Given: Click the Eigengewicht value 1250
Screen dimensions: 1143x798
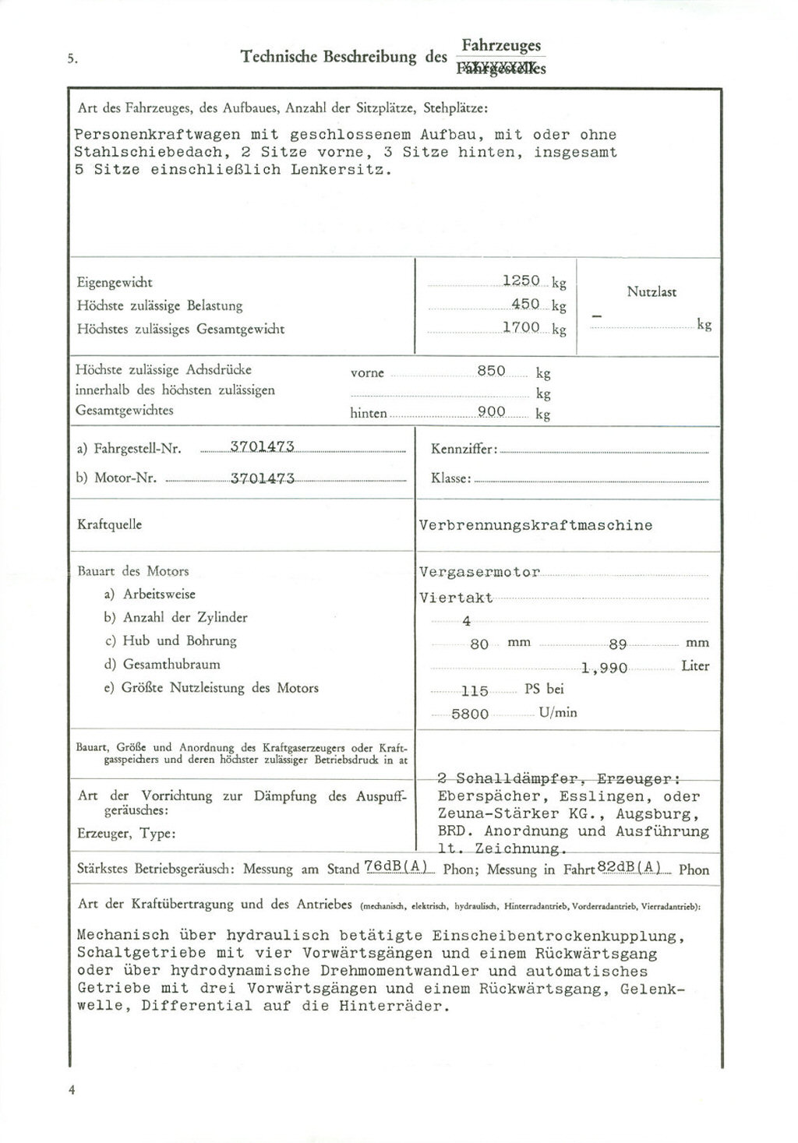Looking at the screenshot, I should tap(521, 280).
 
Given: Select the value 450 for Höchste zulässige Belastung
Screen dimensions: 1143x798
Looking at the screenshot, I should tap(525, 304).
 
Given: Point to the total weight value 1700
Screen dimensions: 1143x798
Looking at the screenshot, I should tap(521, 327).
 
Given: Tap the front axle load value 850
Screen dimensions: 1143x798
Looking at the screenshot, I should tap(491, 371).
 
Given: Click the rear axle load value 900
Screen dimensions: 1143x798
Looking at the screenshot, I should tap(491, 411).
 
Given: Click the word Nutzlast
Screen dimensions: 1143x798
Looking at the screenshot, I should tap(651, 292).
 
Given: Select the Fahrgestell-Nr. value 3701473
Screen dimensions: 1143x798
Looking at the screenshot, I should tap(262, 446).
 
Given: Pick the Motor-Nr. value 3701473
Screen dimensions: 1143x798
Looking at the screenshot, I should tap(262, 478).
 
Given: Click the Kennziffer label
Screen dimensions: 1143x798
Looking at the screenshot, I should tap(464, 450).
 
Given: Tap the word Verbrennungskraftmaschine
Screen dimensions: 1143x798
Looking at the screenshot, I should tap(535, 525).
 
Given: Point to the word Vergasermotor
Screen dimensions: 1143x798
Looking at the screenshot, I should tap(479, 572).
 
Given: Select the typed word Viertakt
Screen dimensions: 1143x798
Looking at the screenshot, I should tap(456, 598).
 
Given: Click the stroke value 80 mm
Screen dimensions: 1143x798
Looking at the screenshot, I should tap(479, 644).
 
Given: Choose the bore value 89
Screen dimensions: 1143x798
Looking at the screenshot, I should tap(618, 644).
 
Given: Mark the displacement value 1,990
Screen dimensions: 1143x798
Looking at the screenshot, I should tap(604, 668).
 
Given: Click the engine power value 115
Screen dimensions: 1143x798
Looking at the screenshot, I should tap(475, 691).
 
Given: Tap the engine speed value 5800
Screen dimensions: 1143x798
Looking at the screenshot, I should tap(470, 714).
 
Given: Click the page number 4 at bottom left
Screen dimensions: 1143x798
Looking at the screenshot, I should tap(71, 1090).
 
